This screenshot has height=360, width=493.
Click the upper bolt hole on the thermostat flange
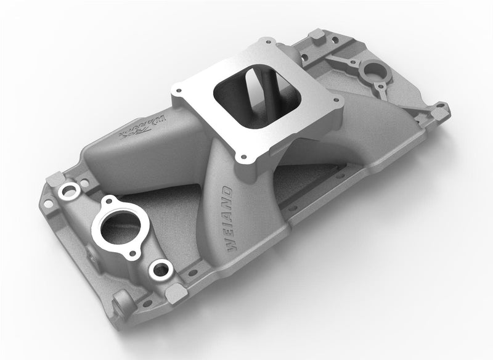[110, 202]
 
